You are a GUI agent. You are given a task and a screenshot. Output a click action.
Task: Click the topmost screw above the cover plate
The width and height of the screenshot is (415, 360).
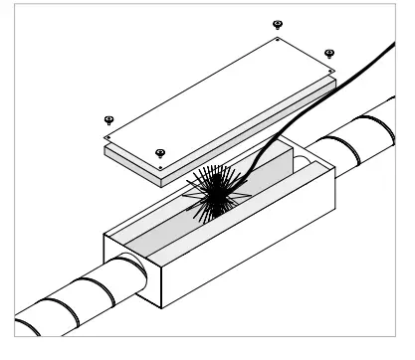tap(278, 24)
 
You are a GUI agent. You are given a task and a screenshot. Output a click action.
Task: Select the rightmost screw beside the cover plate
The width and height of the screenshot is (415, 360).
tap(329, 54)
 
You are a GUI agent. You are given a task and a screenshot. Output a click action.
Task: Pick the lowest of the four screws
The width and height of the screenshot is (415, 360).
tap(159, 152)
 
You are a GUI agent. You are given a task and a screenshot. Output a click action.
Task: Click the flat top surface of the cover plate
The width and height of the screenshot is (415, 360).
tap(219, 99)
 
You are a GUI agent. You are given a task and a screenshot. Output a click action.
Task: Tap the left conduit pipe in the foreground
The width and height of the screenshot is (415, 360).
tap(60, 308)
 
